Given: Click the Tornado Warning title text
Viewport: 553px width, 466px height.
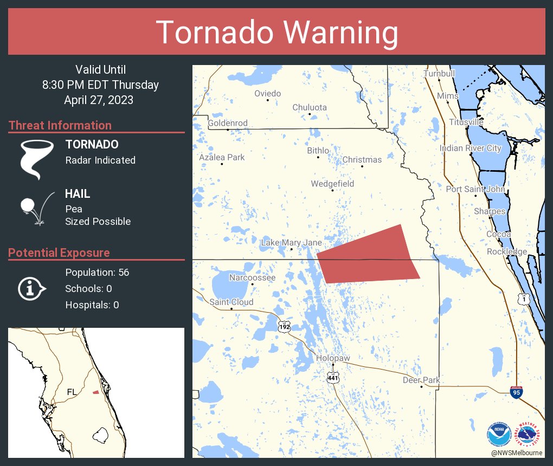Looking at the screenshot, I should coord(276,33).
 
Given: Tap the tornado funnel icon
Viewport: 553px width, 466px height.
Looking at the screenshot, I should coord(37,159).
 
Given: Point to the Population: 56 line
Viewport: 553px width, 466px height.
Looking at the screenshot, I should coord(97,272).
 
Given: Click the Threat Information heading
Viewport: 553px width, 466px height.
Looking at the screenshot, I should coord(60,125).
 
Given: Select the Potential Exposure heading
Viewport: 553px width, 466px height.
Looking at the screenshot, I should coord(59,253).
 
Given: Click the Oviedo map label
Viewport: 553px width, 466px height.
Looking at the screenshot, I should coord(268,94).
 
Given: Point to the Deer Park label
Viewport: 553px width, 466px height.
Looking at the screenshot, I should coord(421,380).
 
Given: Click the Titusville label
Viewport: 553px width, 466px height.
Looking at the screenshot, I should coord(466,122).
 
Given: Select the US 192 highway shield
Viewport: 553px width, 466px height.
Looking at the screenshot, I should coord(284,327).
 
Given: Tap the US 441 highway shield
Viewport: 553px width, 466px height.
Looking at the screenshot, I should coord(333,378).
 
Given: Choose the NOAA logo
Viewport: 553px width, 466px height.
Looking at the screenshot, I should coord(498,434).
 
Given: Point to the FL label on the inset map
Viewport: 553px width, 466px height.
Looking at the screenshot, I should coord(72,391).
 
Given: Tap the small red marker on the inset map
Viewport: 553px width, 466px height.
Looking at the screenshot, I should coord(95,392).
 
